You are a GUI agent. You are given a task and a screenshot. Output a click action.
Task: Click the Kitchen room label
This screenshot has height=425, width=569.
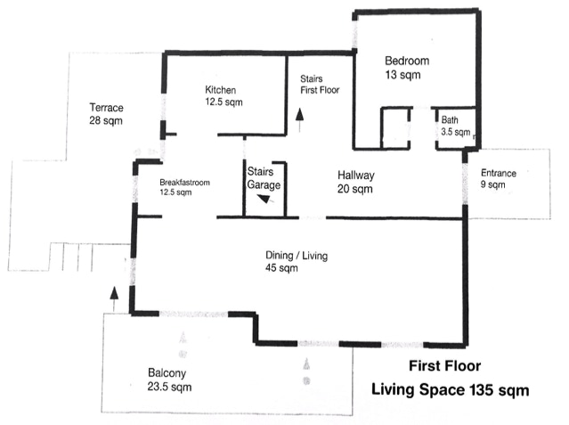tap(221, 90)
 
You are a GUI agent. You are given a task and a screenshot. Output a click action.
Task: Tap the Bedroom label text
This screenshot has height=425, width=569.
tap(407, 61)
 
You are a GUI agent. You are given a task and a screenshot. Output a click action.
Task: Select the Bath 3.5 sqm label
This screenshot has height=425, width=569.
tap(456, 126)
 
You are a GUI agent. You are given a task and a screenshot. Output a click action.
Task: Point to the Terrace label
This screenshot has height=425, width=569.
tap(106, 108)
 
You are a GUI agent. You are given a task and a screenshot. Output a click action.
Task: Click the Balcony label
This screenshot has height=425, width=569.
tap(167, 373)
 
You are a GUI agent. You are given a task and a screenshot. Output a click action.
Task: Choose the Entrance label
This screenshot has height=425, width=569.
tap(499, 173)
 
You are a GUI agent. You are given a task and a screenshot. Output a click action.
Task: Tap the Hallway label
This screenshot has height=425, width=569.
tap(356, 176)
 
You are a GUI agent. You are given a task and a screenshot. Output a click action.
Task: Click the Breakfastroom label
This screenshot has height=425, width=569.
tap(184, 183)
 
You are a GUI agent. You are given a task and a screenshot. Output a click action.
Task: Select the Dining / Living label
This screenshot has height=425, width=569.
tap(297, 256)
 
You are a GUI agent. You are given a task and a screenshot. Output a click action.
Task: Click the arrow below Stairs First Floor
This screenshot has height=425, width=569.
tap(300, 120)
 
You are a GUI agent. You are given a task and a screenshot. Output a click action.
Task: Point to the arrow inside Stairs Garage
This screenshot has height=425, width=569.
tap(265, 199)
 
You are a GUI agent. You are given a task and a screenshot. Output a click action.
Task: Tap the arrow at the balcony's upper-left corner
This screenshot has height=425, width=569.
tap(114, 299)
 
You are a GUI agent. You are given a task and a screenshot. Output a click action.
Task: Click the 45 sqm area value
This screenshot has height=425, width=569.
tap(281, 268)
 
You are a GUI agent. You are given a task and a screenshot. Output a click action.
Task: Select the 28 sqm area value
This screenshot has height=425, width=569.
tap(106, 120)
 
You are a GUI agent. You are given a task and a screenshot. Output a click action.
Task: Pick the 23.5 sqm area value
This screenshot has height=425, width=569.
tap(169, 387)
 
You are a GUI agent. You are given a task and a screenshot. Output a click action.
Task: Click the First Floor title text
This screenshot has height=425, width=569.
tap(445, 366)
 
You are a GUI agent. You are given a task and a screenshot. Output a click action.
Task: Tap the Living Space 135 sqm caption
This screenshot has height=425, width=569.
tap(450, 390)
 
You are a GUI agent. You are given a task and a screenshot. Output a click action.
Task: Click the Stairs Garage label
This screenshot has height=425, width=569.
tap(264, 178)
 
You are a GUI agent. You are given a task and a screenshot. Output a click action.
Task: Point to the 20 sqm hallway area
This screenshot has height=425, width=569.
tap(355, 189)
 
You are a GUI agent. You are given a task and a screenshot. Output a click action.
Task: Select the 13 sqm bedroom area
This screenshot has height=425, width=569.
tap(402, 75)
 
